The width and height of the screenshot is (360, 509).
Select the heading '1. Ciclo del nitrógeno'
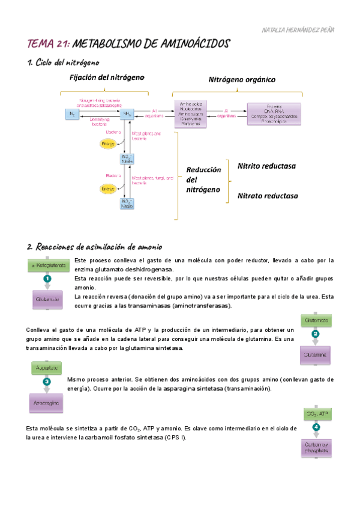point(63,62)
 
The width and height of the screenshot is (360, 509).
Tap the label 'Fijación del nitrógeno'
point(107,77)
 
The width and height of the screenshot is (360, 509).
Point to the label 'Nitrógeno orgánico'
point(242,79)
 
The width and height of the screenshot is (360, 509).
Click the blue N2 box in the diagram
point(73,113)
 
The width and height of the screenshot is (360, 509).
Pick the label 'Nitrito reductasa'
point(267,166)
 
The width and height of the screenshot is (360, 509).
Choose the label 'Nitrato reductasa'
point(267,196)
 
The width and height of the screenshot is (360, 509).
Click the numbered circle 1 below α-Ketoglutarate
point(47,279)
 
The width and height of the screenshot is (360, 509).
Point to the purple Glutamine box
point(316,355)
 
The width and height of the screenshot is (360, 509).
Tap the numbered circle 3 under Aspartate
point(47,381)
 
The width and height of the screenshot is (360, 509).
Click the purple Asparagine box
point(46,403)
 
